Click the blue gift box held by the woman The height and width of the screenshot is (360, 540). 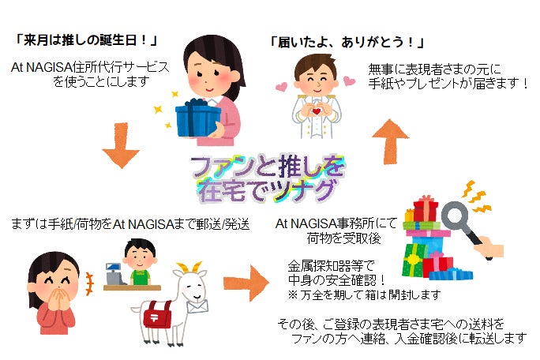pyautogui.click(x=197, y=118)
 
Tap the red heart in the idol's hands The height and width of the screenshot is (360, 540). pyautogui.click(x=317, y=111)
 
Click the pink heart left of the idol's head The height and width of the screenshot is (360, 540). pyautogui.click(x=282, y=87)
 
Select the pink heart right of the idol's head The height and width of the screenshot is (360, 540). pyautogui.click(x=350, y=81)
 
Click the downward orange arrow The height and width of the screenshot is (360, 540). pyautogui.click(x=121, y=145)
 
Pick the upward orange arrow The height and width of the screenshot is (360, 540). pyautogui.click(x=390, y=141)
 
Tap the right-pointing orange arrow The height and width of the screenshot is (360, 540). pyautogui.click(x=246, y=283)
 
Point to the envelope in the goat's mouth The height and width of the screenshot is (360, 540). pyautogui.click(x=197, y=306)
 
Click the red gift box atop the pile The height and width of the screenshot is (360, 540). pyautogui.click(x=426, y=208)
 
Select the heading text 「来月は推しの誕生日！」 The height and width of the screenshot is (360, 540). pyautogui.click(x=86, y=40)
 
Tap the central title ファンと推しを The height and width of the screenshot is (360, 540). pyautogui.click(x=268, y=167)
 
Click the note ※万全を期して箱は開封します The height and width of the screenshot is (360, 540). pyautogui.click(x=365, y=295)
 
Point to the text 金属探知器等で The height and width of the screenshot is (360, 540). pyautogui.click(x=331, y=266)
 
